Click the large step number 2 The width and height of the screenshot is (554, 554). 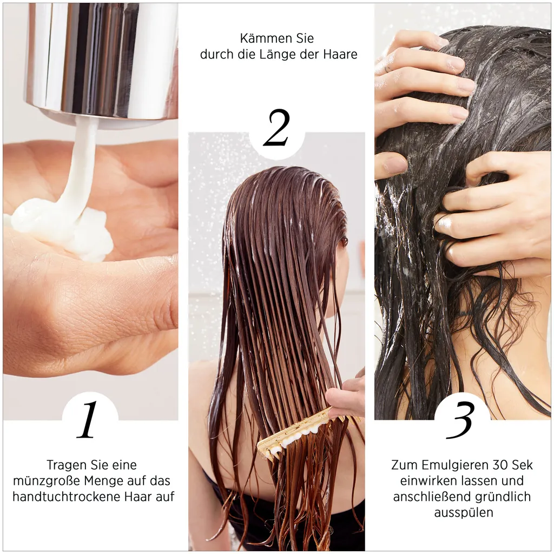[276, 128]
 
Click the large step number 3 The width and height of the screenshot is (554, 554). [461, 420]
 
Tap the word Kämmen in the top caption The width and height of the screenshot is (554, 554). [262, 39]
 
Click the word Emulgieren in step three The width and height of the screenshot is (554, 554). [451, 465]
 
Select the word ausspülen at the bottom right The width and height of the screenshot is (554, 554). [463, 512]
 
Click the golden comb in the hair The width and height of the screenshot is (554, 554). [292, 433]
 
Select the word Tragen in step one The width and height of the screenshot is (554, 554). [64, 465]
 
